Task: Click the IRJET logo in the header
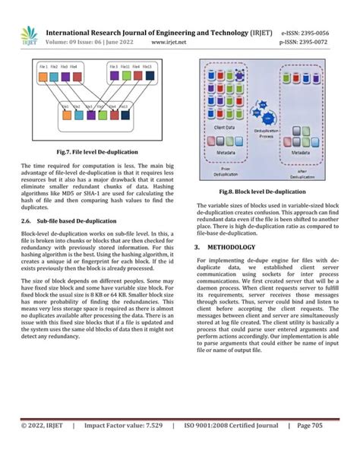29,36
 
